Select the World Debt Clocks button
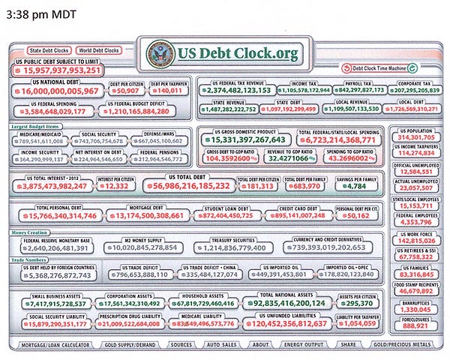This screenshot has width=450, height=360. tap(99, 50)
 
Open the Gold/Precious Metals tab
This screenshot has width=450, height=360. tap(407, 344)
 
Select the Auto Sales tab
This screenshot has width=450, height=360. tap(220, 344)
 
